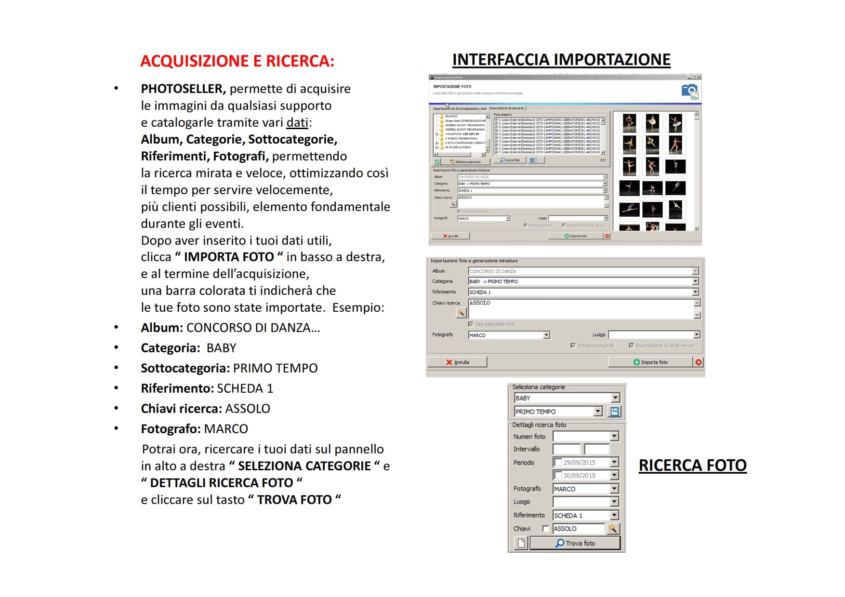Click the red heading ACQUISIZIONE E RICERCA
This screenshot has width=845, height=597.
237,61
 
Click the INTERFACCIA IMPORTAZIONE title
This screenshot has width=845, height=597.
561,60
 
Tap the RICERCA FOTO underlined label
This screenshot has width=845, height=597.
692,465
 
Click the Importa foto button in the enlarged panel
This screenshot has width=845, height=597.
650,362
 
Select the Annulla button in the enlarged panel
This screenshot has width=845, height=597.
457,362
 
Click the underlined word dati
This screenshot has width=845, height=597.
297,123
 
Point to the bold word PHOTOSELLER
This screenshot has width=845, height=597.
183,89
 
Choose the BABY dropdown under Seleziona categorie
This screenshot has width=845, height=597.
567,398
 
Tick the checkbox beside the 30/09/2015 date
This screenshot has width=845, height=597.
558,476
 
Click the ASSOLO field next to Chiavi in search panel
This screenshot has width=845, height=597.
578,529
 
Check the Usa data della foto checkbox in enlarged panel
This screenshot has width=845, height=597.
471,324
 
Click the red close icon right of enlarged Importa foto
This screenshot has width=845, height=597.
699,362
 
